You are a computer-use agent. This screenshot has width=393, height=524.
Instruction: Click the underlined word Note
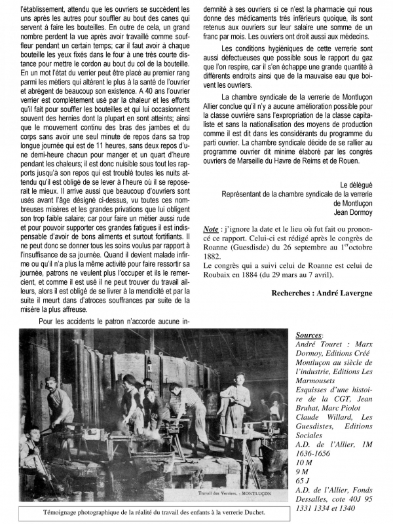[x=212, y=230]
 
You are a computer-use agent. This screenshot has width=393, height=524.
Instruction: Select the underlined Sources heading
[x=309, y=335]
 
